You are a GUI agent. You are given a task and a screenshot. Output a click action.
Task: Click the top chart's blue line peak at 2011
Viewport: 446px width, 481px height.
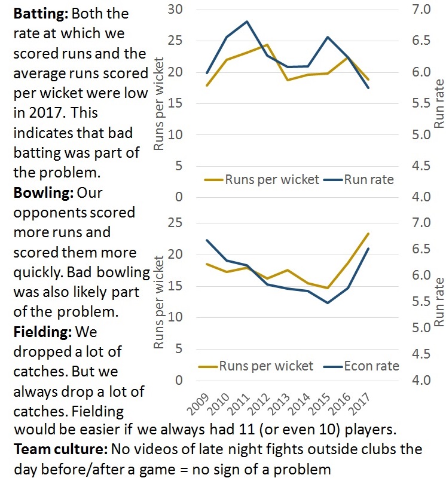click(246, 22)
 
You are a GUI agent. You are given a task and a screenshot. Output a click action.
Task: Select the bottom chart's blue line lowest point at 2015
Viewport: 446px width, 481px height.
click(328, 303)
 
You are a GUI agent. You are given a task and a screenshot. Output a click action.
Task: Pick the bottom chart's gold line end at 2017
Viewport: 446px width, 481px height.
click(368, 234)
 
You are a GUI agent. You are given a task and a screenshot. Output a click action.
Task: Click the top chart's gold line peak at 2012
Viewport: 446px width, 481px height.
click(267, 45)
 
